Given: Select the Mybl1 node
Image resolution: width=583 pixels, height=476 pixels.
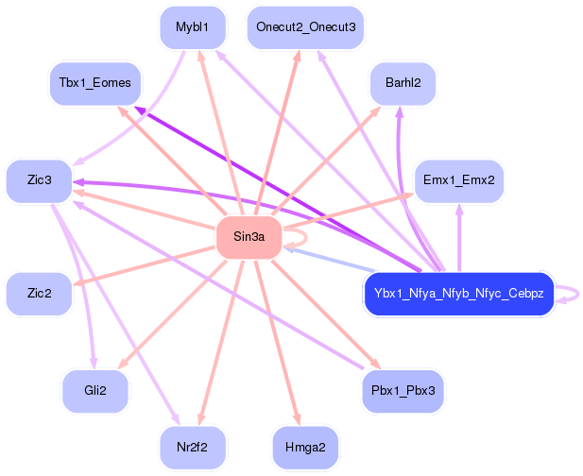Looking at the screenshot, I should click(x=193, y=27).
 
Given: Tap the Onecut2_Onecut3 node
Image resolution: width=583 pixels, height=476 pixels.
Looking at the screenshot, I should click(x=305, y=27).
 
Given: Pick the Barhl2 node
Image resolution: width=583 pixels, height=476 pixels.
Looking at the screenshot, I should click(x=403, y=84).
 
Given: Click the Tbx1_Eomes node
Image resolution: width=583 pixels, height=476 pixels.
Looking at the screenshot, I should click(x=94, y=83).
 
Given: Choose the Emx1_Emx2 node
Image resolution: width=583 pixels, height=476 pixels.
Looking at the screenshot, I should click(x=458, y=180).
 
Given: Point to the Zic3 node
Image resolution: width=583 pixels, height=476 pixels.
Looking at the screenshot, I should click(x=40, y=179).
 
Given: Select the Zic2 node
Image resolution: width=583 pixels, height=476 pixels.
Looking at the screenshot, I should click(x=40, y=294).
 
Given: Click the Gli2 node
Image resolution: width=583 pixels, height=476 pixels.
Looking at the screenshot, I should click(x=94, y=390).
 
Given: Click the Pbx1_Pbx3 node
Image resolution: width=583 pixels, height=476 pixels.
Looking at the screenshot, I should click(x=403, y=390).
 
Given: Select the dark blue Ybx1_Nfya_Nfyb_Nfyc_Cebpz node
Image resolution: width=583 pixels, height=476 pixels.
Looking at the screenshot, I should click(x=458, y=294).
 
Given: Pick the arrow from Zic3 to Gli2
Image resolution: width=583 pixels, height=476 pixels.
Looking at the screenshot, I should click(x=80, y=283).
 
